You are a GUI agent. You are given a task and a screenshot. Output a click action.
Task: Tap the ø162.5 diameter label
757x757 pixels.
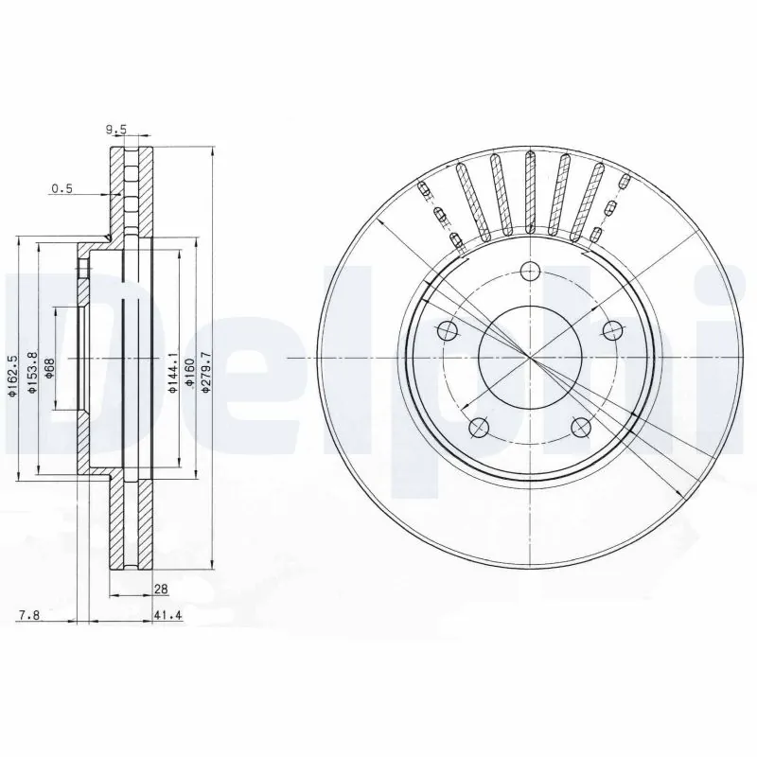coord(12,375)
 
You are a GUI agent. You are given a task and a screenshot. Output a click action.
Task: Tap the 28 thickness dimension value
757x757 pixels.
coord(161,589)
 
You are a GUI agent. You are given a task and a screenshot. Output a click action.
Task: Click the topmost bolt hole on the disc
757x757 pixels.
coord(530,272)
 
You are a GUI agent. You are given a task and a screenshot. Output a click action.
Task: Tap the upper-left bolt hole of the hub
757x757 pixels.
coord(448,331)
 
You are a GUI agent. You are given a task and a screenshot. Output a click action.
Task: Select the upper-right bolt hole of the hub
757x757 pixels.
coord(612,331)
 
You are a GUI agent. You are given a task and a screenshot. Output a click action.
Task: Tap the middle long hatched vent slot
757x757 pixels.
coord(530,194)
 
